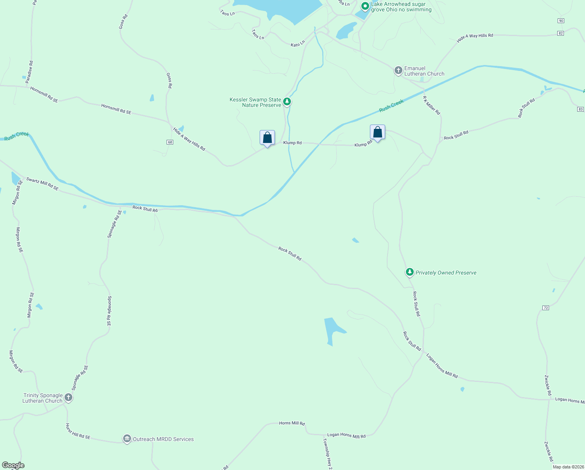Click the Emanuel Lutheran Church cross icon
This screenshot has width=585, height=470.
point(398,71)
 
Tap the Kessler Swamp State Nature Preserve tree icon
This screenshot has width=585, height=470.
point(287,102)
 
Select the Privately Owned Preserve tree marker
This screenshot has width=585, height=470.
point(409,272)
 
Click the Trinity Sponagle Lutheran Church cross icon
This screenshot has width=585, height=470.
point(68,398)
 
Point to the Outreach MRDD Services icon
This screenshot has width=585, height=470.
point(127,439)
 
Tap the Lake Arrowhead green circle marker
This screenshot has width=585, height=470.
point(365,6)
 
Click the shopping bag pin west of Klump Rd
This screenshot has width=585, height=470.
point(267,138)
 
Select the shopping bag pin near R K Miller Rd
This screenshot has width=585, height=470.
point(377,132)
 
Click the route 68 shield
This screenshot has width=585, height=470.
point(170,142)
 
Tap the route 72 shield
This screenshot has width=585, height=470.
point(546,308)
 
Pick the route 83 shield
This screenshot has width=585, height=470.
point(580,109)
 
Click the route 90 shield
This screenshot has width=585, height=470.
point(561,21)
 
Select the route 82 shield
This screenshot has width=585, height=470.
point(561,33)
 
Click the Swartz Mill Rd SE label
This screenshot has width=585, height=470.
point(42,184)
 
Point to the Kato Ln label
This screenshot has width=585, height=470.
point(298,44)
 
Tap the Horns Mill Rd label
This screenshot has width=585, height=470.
point(292,423)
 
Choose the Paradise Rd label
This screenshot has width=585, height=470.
point(29,72)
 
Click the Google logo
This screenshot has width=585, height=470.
point(13,465)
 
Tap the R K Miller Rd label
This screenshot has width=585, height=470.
point(431,105)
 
